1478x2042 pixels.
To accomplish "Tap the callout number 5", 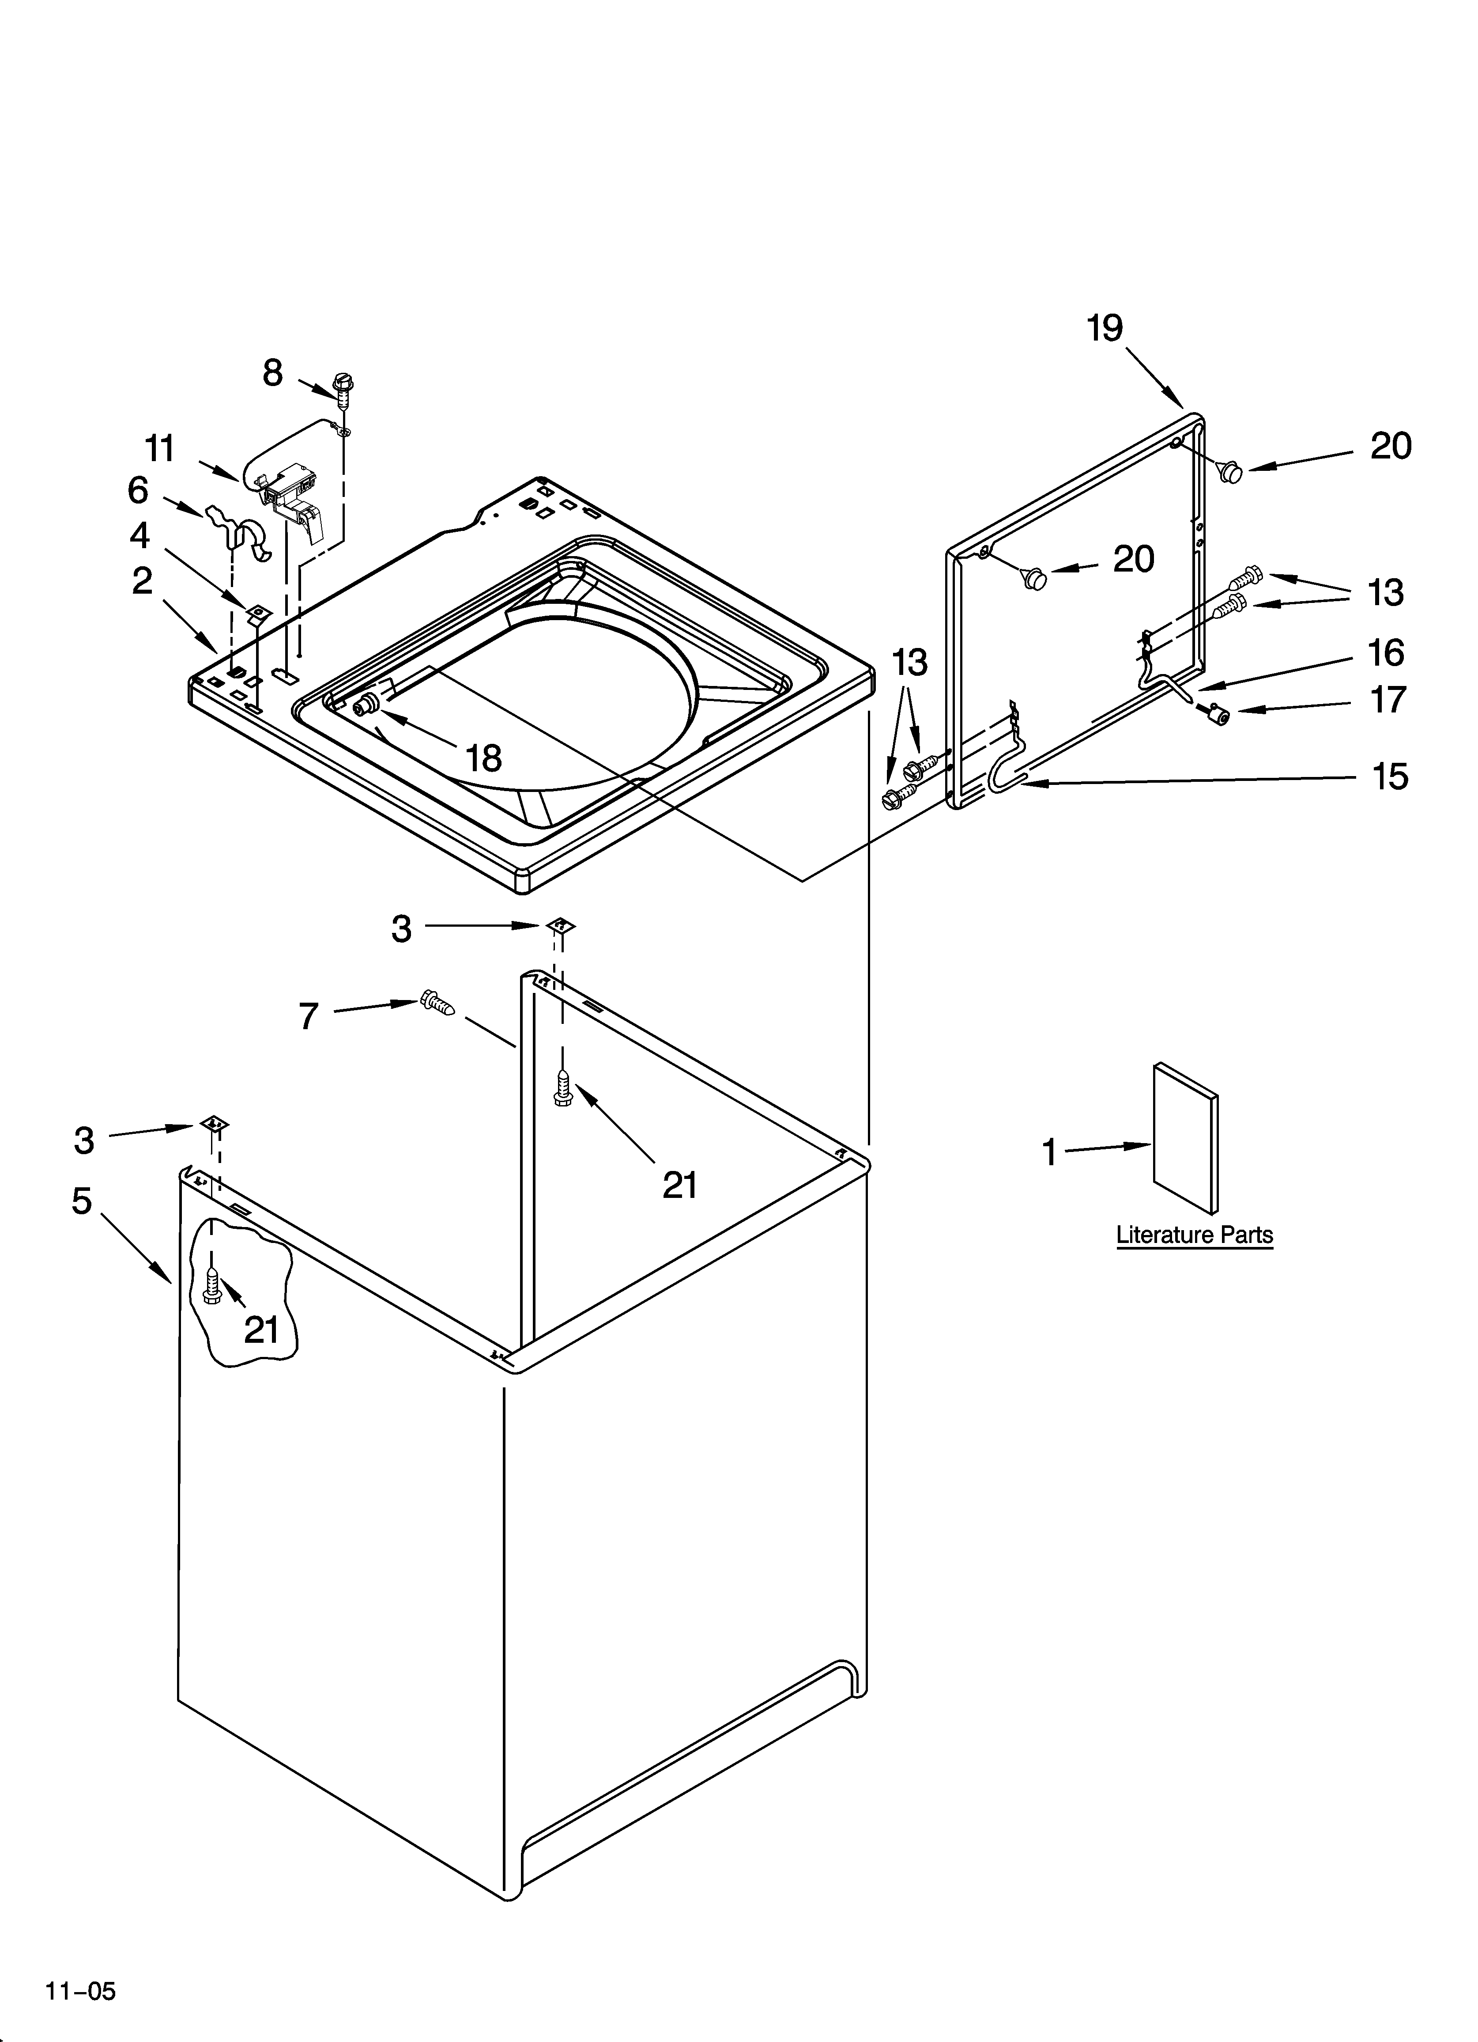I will pyautogui.click(x=82, y=1200).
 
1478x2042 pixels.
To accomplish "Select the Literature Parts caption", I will pyautogui.click(x=1195, y=1235).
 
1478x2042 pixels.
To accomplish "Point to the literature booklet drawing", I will pyautogui.click(x=1185, y=1137).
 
